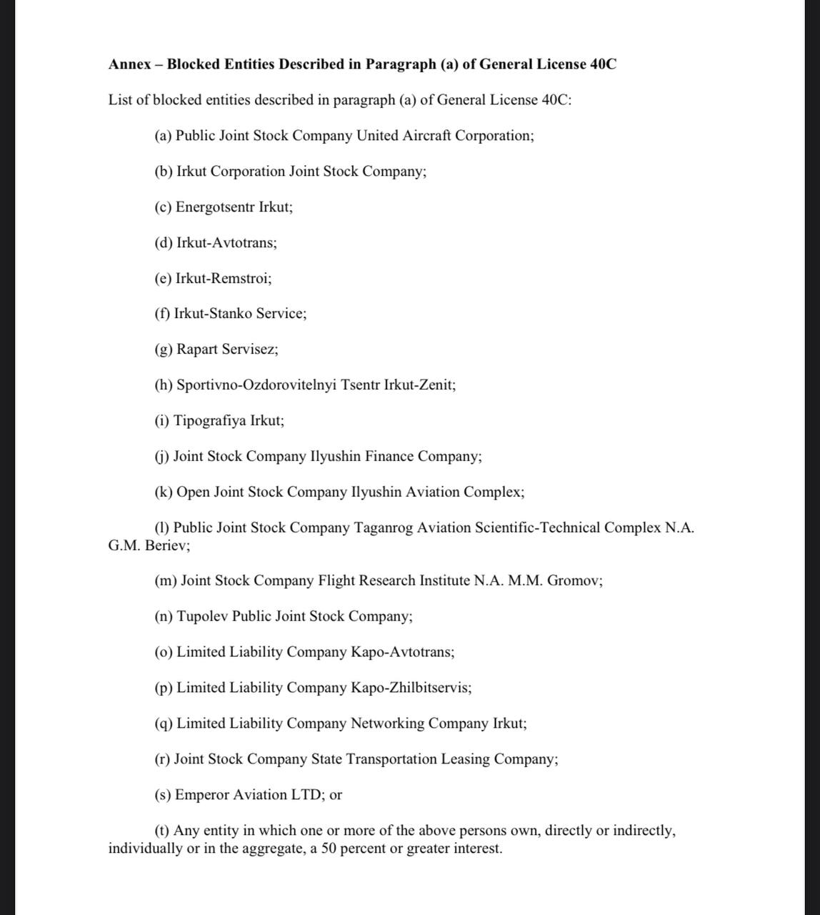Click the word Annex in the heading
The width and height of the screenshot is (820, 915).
pyautogui.click(x=129, y=64)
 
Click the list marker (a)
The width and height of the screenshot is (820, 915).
pyautogui.click(x=163, y=136)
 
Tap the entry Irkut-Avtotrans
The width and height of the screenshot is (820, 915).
pyautogui.click(x=226, y=243)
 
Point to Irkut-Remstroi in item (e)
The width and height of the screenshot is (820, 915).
pyautogui.click(x=223, y=278)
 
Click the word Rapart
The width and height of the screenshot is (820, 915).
pyautogui.click(x=197, y=350)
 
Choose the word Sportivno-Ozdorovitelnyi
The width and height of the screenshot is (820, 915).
pyautogui.click(x=256, y=385)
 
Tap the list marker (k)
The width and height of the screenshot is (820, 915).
pyautogui.click(x=164, y=492)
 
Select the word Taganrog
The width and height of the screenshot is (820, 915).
pyautogui.click(x=384, y=528)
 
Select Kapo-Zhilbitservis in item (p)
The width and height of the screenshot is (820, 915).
pyautogui.click(x=410, y=688)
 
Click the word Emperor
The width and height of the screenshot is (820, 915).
pyautogui.click(x=202, y=795)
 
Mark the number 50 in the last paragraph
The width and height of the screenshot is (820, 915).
pyautogui.click(x=329, y=849)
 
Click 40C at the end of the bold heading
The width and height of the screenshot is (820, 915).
pyautogui.click(x=604, y=64)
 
